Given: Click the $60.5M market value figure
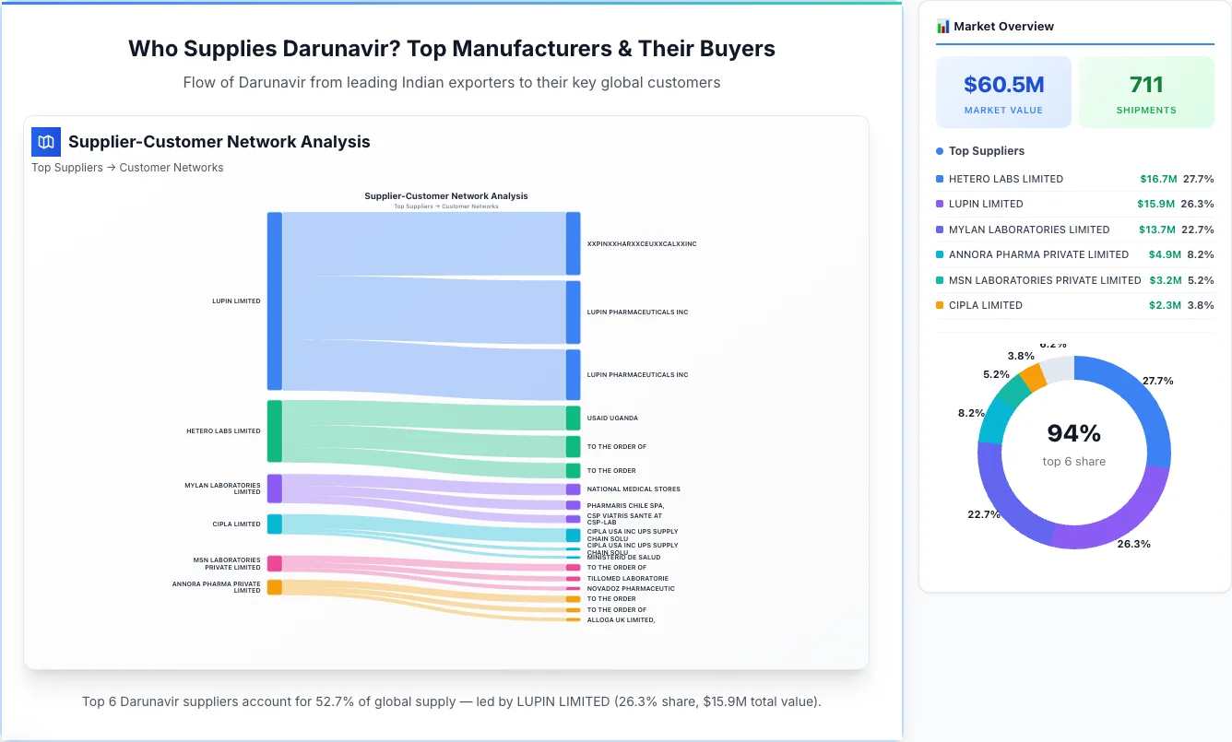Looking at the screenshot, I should tap(1003, 85).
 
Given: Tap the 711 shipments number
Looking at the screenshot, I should tap(1146, 85).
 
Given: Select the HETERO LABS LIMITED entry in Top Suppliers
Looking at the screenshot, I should tap(1005, 179).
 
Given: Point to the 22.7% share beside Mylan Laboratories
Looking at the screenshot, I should tap(1198, 230).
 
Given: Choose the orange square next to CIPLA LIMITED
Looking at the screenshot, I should tap(940, 305).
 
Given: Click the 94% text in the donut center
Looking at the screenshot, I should tap(1073, 433).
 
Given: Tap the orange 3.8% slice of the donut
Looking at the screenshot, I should tap(1033, 377).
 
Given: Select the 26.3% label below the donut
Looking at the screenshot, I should tap(1132, 544).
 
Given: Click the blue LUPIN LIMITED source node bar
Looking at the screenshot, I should tap(274, 301).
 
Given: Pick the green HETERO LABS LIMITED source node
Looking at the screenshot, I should tap(274, 431).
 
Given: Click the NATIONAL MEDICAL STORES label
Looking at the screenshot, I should tap(633, 489).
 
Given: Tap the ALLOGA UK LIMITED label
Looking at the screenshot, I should tap(621, 620).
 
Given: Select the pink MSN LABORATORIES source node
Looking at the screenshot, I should tap(274, 563).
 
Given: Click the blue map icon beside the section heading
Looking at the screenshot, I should tap(45, 142).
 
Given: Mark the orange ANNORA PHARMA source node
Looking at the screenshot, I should tap(274, 587).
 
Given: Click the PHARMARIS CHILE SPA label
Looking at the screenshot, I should tap(625, 505).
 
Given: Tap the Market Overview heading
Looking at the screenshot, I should tap(1003, 27).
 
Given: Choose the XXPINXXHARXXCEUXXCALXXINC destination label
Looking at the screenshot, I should tap(641, 244).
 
